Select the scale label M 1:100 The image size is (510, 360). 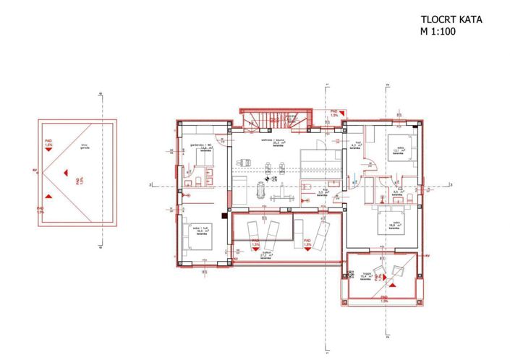click(x=438, y=33)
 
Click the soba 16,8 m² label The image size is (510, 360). click(x=394, y=224)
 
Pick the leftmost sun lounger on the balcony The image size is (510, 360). click(x=253, y=233)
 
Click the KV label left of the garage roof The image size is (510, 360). click(x=34, y=171)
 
